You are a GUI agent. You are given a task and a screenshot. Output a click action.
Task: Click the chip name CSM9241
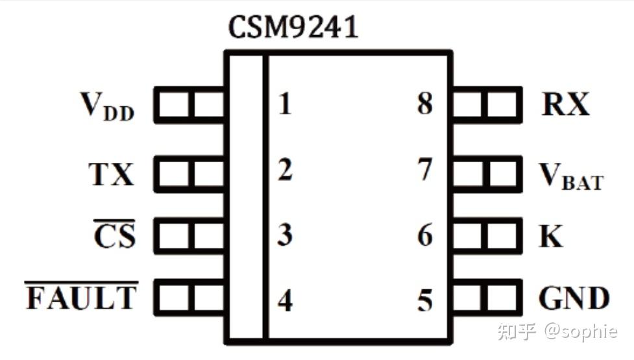pyautogui.click(x=293, y=27)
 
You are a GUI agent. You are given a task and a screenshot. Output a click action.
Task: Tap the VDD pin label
pyautogui.click(x=108, y=106)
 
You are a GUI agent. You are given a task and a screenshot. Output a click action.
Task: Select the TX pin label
pyautogui.click(x=111, y=174)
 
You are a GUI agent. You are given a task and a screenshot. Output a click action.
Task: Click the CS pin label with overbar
pyautogui.click(x=114, y=234)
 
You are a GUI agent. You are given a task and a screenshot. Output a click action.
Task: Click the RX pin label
pyautogui.click(x=565, y=104)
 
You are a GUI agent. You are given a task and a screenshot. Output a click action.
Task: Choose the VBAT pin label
pyautogui.click(x=571, y=176)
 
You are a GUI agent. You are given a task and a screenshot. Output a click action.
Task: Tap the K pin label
pyautogui.click(x=551, y=235)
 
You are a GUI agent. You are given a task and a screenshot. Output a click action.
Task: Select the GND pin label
pyautogui.click(x=574, y=298)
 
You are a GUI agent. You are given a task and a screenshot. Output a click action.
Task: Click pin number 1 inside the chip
pyautogui.click(x=285, y=103)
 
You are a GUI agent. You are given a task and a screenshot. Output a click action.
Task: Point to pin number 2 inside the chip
pyautogui.click(x=285, y=169)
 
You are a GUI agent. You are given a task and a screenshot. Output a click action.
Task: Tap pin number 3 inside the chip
pyautogui.click(x=285, y=234)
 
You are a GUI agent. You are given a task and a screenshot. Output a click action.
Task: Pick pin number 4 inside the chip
pyautogui.click(x=285, y=300)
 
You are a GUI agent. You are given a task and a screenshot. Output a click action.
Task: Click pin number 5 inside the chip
pyautogui.click(x=424, y=300)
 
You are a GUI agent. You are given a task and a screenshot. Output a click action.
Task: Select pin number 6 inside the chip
pyautogui.click(x=424, y=235)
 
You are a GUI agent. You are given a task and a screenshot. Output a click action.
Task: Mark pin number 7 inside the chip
pyautogui.click(x=424, y=169)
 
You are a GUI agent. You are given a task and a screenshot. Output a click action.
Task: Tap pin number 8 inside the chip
pyautogui.click(x=424, y=103)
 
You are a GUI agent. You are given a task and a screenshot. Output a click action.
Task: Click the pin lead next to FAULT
pyautogui.click(x=189, y=297)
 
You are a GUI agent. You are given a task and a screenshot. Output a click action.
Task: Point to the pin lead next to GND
pyautogui.click(x=487, y=297)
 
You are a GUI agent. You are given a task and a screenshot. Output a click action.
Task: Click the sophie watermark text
pyautogui.click(x=581, y=331)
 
